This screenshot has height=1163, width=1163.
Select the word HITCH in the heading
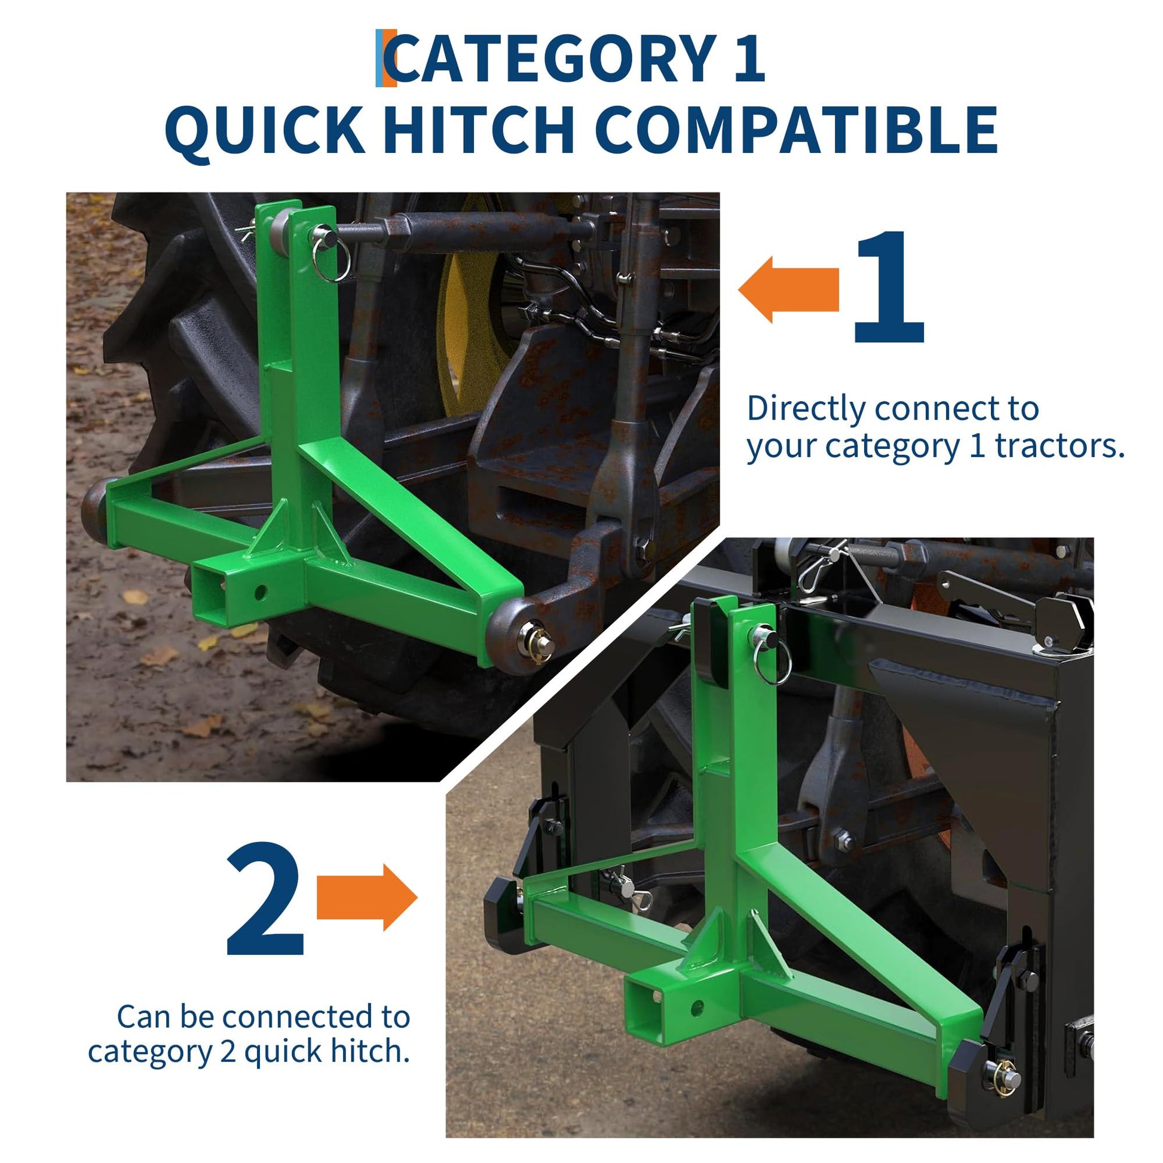click(479, 130)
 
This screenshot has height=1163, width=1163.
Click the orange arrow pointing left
click(788, 290)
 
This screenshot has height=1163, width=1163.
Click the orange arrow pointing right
click(366, 897)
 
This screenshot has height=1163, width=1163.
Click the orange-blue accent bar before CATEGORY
click(386, 59)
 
